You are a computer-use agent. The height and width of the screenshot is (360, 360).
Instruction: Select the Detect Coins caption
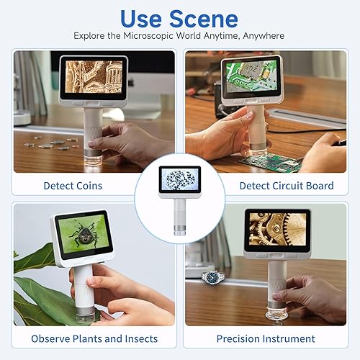pyautogui.click(x=73, y=186)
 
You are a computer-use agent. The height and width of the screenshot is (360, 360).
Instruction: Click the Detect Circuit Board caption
pyautogui.click(x=287, y=186)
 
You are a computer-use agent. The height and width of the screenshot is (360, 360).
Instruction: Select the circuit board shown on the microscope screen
pyautogui.click(x=248, y=76)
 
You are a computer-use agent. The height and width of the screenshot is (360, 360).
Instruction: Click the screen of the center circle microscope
pyautogui.click(x=180, y=180)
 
